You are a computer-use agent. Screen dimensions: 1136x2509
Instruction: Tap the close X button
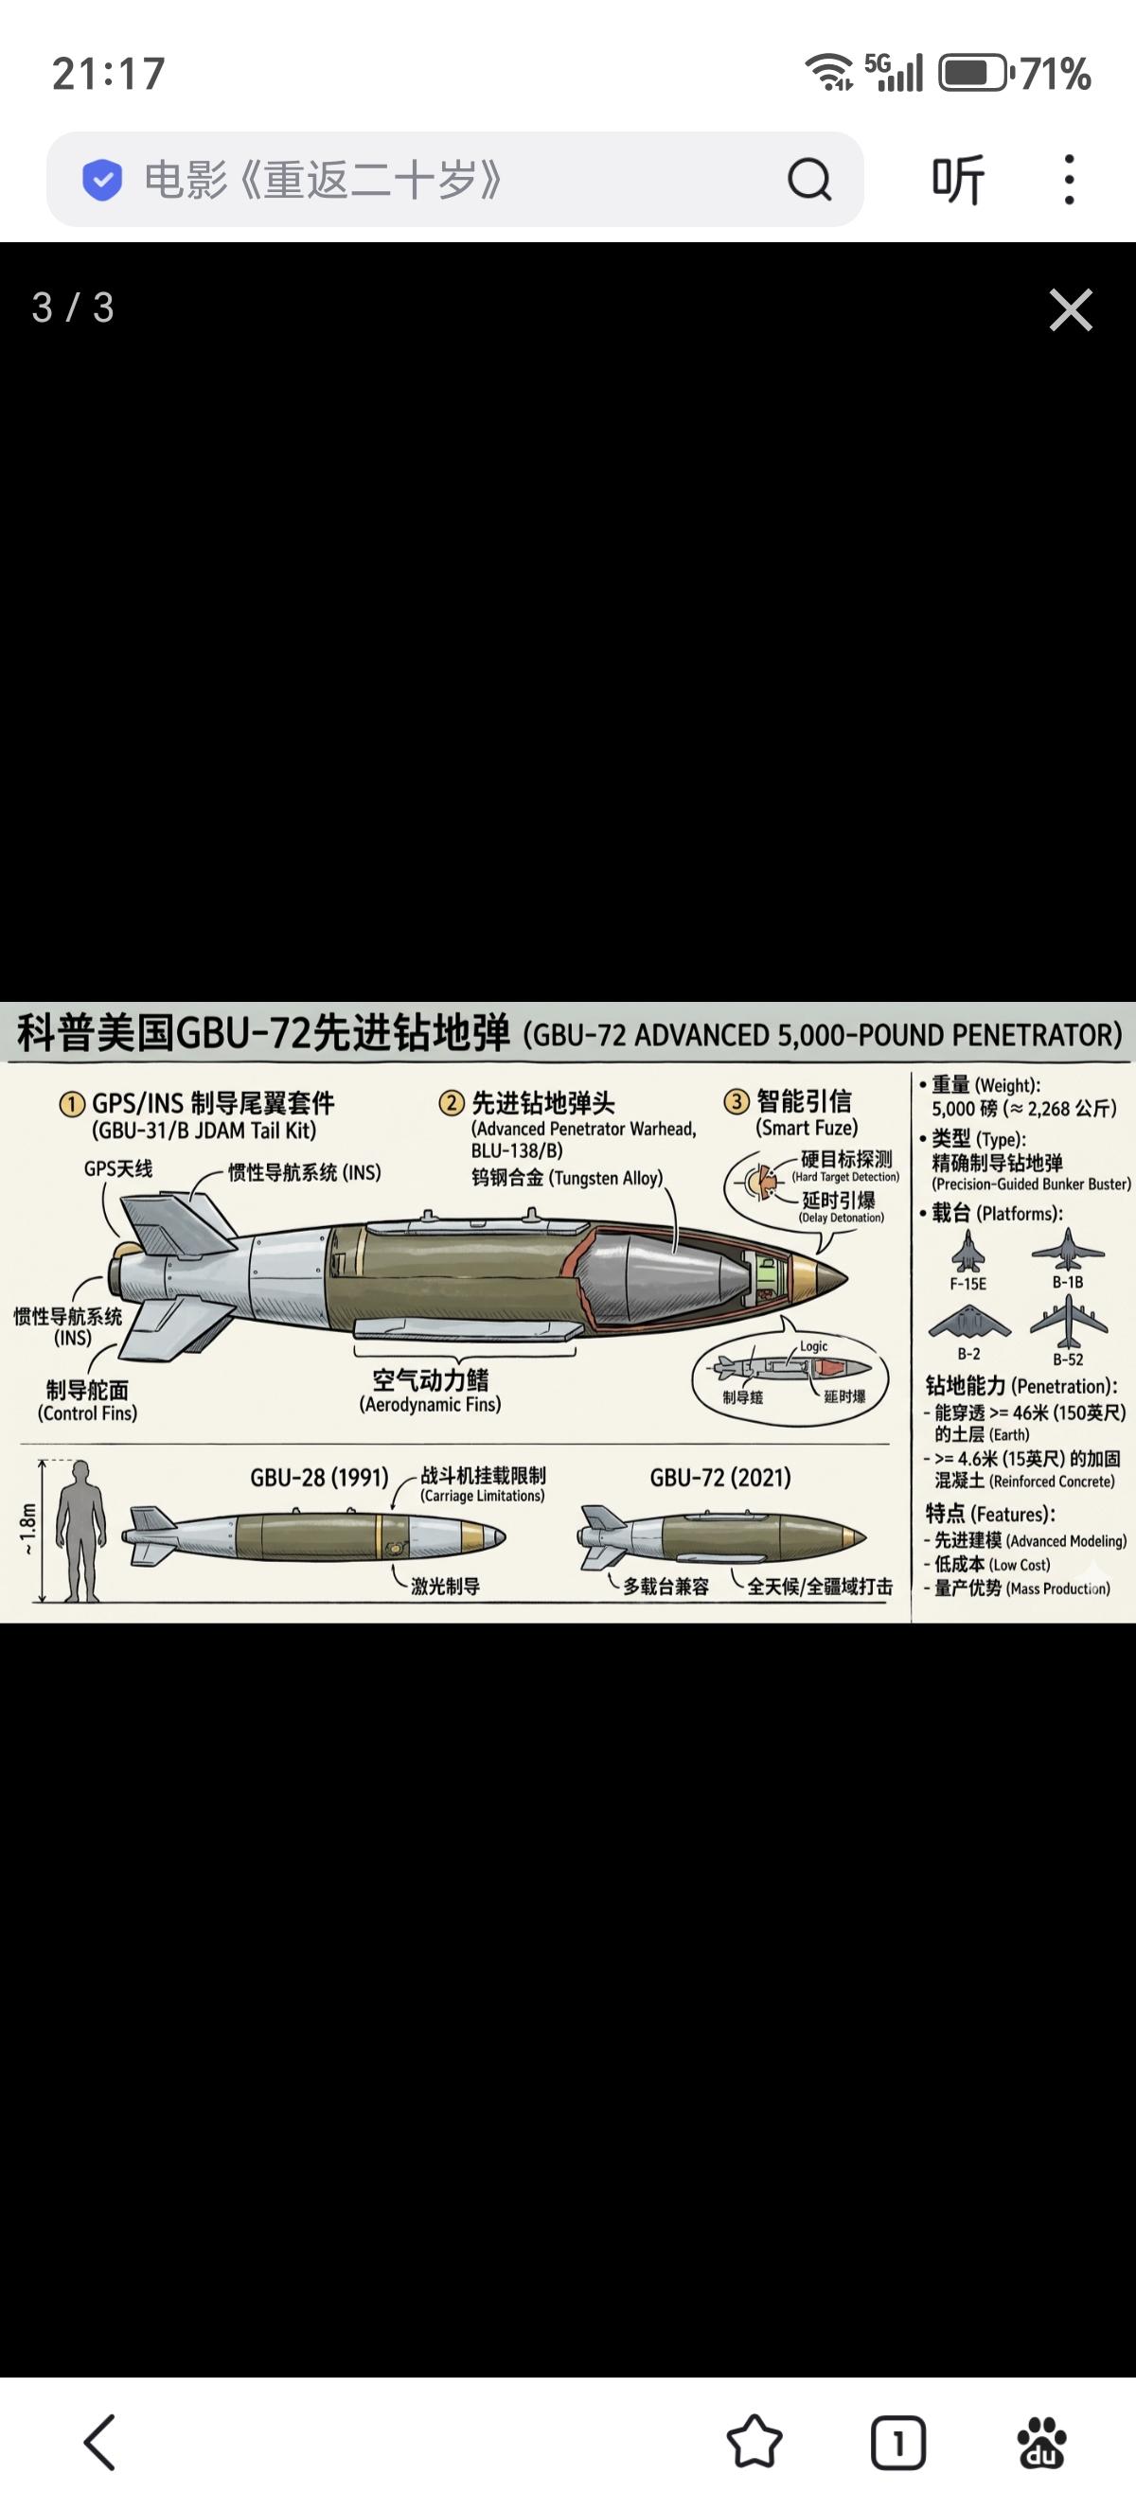pos(1070,309)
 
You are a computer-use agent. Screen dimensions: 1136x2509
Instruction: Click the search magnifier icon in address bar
pos(808,179)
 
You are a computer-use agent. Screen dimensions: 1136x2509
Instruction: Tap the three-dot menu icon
pos(1069,179)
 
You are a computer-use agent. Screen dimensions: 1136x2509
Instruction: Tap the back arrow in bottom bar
pos(99,2441)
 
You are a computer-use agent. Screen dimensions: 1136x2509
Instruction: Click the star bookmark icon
pos(754,2441)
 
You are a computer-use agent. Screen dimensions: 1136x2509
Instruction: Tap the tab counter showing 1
pos(897,2441)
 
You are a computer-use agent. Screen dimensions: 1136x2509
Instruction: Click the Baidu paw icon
pos(1041,2441)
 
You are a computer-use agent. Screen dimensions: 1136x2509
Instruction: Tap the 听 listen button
pos(958,179)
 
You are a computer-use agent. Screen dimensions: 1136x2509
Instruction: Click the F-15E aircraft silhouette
pos(967,1251)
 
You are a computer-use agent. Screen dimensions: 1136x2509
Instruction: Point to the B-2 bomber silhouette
pos(968,1324)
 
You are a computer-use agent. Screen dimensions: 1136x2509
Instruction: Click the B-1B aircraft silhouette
pos(1068,1249)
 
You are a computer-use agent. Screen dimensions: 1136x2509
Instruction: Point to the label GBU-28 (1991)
pos(319,1478)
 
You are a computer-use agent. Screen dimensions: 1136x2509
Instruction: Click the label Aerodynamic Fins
pos(430,1405)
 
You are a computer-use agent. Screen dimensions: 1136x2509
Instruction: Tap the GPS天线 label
pos(118,1168)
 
